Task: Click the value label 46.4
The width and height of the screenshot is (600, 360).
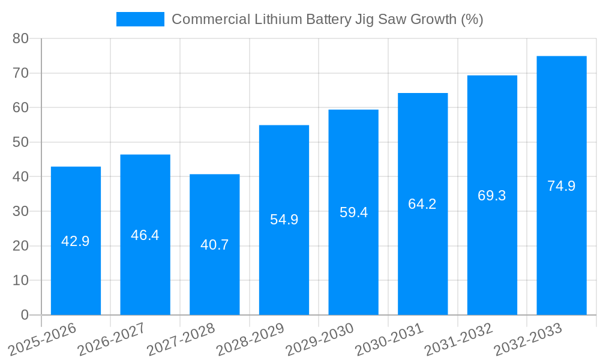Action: tap(145, 235)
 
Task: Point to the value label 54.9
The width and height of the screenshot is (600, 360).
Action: tap(284, 220)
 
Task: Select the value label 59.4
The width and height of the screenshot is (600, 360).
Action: tap(353, 212)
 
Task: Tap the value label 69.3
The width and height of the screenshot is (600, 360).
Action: tap(492, 196)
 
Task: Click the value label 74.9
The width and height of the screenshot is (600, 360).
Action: tap(561, 186)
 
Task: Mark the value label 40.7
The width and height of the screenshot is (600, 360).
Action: tap(214, 245)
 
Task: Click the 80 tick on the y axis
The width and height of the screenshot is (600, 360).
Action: tap(20, 38)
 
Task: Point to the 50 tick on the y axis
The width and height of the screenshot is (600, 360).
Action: tap(20, 142)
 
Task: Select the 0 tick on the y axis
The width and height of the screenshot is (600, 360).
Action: tap(25, 315)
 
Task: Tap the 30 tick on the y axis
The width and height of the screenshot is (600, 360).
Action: tap(20, 211)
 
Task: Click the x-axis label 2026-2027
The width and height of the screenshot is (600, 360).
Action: tap(112, 339)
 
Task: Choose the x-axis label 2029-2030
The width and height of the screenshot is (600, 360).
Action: tap(320, 339)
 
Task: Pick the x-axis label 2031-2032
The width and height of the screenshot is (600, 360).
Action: tap(458, 339)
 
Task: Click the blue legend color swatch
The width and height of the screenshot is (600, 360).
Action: tap(140, 19)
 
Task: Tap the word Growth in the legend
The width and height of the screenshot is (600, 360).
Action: tap(433, 19)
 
